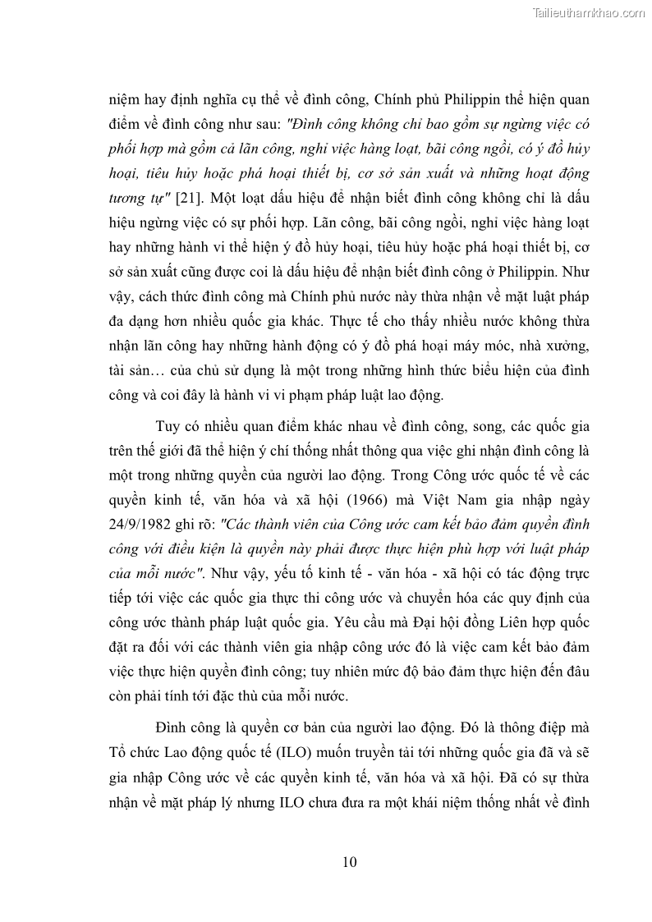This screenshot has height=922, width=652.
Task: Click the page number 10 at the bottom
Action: [349, 862]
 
